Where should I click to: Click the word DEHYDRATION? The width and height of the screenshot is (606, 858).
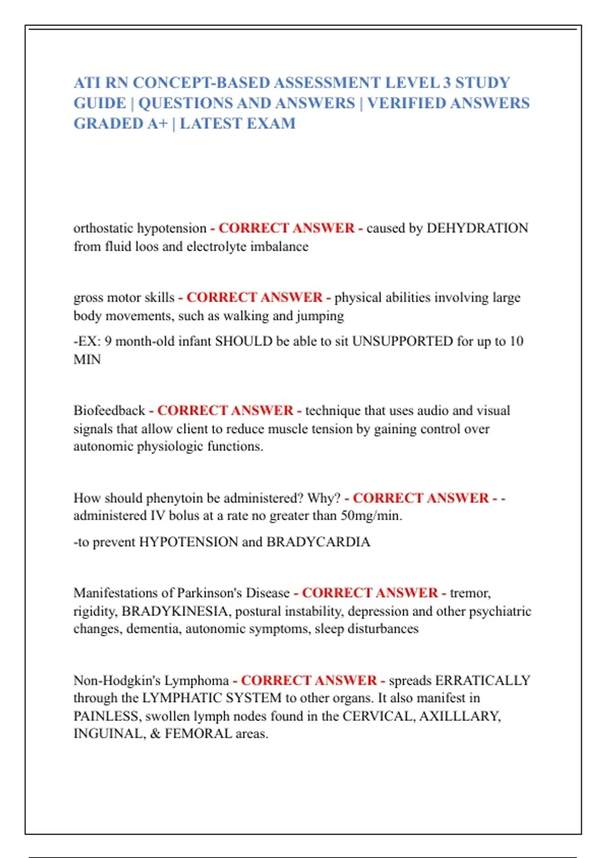[477, 228]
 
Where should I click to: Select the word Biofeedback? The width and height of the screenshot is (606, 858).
[109, 410]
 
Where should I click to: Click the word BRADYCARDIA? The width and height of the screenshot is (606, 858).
[318, 542]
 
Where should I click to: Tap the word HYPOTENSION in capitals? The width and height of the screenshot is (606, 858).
[188, 542]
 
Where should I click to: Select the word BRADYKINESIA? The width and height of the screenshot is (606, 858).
[175, 611]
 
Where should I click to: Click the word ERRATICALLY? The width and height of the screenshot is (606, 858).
[482, 680]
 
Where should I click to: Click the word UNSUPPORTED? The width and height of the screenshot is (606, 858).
[402, 341]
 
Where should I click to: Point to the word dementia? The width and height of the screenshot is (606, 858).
[154, 629]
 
